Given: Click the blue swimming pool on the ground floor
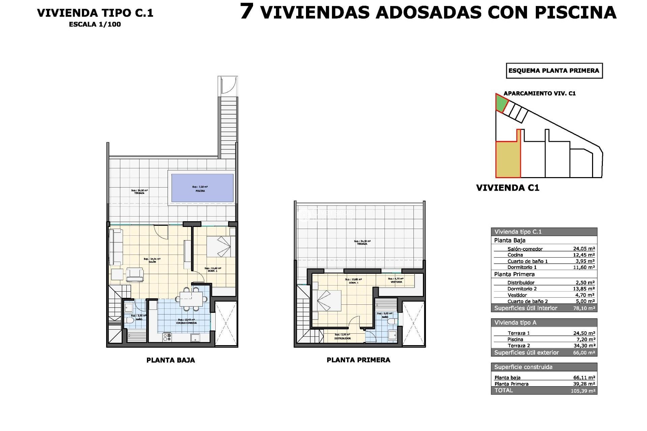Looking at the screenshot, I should tap(202, 188).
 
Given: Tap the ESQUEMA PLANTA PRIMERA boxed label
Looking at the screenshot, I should tap(554, 71).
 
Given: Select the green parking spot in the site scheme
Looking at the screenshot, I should tap(501, 103).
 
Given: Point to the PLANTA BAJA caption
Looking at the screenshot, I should tap(171, 360).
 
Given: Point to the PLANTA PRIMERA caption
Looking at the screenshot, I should tap(358, 360).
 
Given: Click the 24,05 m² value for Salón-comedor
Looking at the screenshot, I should tap(584, 249).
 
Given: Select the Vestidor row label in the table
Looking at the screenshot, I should tap(517, 295).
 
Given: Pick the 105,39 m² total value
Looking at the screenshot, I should tap(583, 391).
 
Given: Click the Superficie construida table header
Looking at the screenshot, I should tap(523, 367).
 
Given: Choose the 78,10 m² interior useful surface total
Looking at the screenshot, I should tap(584, 308).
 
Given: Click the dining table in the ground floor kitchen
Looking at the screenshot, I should tap(191, 299).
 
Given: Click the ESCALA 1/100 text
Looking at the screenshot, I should tap(95, 24).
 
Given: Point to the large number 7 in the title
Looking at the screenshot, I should tap(247, 11).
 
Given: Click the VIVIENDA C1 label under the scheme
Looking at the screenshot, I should tap(507, 188).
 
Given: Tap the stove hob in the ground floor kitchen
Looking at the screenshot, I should tap(167, 337).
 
